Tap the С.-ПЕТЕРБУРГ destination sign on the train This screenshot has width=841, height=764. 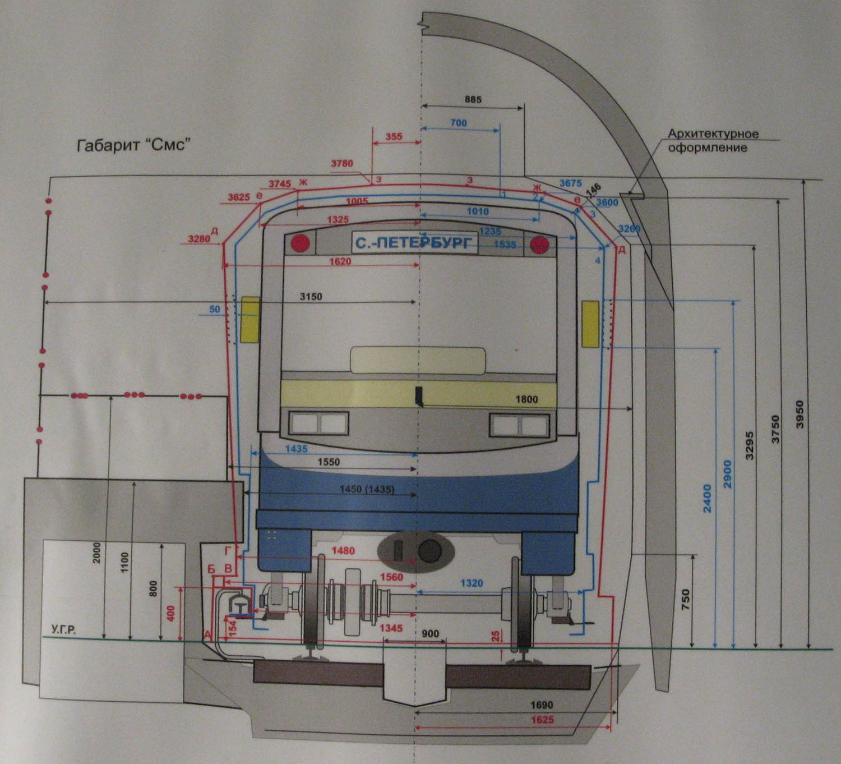point(414,243)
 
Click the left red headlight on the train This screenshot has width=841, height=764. point(301,243)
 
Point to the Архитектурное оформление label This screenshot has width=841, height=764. point(713,141)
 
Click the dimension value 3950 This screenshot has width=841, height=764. point(800,415)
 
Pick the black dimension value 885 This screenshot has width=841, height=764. point(473,100)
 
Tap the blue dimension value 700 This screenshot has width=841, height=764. point(458,123)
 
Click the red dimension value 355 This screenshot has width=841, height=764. point(394,136)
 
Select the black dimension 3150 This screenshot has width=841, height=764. point(311,296)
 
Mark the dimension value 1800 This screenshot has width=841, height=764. point(526,399)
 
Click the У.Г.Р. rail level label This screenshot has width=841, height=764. point(63,630)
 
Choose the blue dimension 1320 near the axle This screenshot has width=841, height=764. point(472,583)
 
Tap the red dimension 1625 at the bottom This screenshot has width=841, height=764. point(542,720)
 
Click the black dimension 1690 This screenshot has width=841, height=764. point(542,705)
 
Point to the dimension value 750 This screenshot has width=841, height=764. point(685,601)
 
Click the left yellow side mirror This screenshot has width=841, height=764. point(250,320)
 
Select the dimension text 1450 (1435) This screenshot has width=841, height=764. point(367,489)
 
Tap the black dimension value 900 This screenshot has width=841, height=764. point(430,634)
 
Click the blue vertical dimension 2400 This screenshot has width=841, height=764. point(707,498)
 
